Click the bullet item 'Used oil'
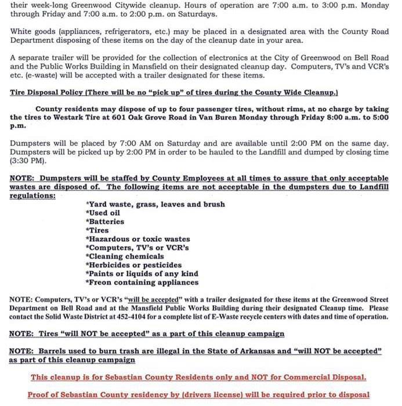(104, 213)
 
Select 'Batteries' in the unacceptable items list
(105, 222)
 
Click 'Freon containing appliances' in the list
(142, 282)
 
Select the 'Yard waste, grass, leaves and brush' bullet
(155, 204)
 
